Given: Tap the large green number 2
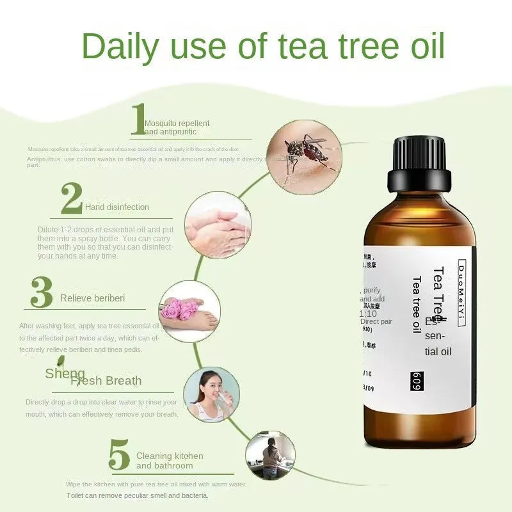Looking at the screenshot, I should (x=71, y=198).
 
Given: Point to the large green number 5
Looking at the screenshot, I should (x=120, y=456).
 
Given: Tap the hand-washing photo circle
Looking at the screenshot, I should (x=218, y=225).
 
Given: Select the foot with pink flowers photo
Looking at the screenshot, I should (x=189, y=311).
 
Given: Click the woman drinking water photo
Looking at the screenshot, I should (x=211, y=394).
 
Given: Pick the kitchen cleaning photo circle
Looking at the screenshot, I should (x=270, y=455).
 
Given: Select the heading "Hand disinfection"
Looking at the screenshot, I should (x=116, y=207).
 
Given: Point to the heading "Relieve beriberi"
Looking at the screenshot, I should (x=92, y=298).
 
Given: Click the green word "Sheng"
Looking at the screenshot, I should (x=65, y=374).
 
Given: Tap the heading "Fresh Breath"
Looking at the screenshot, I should (x=106, y=381).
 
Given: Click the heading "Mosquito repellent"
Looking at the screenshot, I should (x=177, y=124).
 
